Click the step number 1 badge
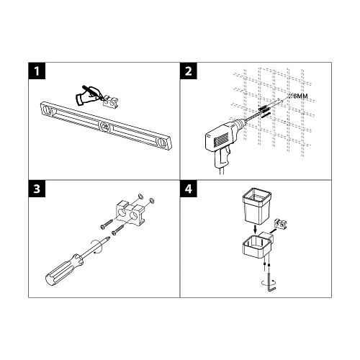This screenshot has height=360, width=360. coord(37,71)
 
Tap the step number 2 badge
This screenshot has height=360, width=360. coord(189,71)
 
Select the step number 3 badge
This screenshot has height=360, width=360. coord(37,189)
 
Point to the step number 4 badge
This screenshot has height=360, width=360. coord(189,189)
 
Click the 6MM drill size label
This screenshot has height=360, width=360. coord(298,96)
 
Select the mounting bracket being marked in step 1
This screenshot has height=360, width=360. coord(111,102)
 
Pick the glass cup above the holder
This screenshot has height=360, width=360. coord(255,206)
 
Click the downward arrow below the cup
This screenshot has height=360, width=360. coord(256,230)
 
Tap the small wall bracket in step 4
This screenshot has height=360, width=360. coord(281,223)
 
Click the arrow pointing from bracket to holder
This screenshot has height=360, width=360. coord(272,230)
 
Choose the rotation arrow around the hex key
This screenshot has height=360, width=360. coord(269,282)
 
